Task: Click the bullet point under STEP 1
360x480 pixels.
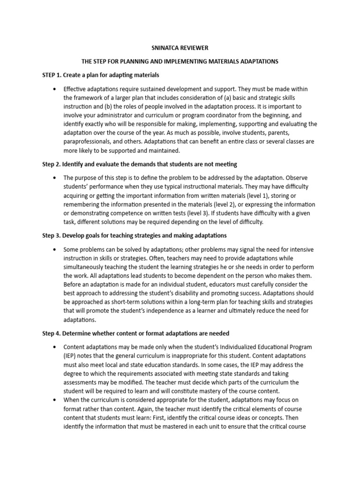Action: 55,89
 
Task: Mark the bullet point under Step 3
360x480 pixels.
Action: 55,249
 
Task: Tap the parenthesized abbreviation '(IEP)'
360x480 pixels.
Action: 71,356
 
